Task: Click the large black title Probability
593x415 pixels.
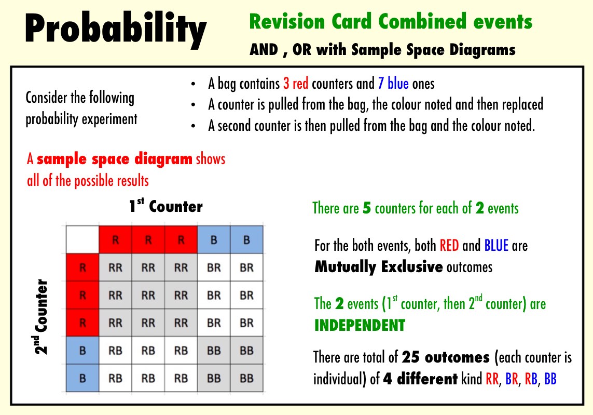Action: [x=116, y=29]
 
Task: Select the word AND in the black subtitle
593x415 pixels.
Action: [x=264, y=50]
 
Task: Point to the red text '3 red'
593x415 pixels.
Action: [x=296, y=84]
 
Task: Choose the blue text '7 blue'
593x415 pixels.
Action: [x=393, y=84]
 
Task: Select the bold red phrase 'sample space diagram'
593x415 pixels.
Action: [x=115, y=159]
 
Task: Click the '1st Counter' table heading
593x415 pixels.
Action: [x=166, y=206]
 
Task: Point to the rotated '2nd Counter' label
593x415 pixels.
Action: [x=41, y=316]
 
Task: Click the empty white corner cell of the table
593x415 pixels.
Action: [x=82, y=239]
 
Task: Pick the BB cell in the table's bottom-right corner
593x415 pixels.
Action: [x=246, y=378]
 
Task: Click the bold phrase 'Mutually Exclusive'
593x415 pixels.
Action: [x=379, y=267]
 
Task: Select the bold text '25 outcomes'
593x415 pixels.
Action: [x=446, y=357]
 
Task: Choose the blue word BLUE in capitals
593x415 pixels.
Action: [x=496, y=246]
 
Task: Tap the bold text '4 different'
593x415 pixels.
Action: [x=420, y=379]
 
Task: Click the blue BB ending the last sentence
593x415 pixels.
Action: [x=550, y=379]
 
